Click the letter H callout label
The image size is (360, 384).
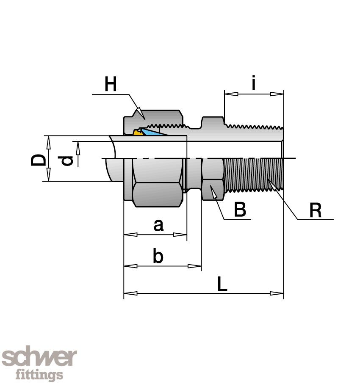[111, 85]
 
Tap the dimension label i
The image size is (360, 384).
[253, 83]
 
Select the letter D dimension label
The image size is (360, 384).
[38, 160]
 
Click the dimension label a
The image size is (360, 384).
[158, 225]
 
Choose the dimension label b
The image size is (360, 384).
[158, 256]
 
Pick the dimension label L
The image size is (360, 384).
[222, 285]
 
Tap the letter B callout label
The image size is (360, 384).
[240, 210]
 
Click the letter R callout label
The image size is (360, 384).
[316, 210]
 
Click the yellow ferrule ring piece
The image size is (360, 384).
[137, 132]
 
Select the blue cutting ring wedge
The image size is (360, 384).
[150, 133]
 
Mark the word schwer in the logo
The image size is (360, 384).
[39, 359]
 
